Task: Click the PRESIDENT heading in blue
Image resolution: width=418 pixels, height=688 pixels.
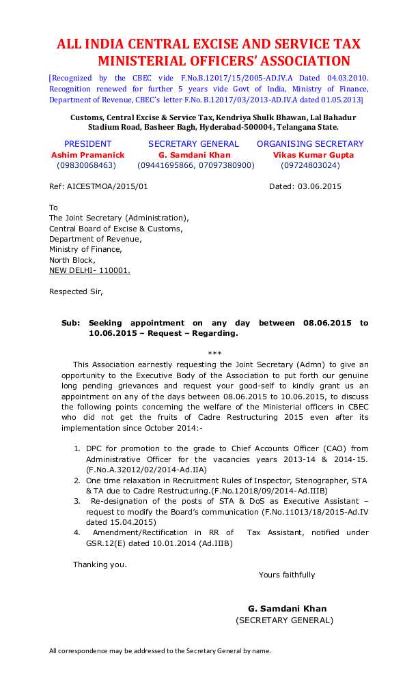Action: coord(87,144)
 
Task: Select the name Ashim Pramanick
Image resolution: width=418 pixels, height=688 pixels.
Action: coord(88,155)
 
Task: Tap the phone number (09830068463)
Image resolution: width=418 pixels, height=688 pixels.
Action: coord(87,166)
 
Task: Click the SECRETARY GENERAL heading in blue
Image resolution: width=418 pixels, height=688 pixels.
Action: coord(193,144)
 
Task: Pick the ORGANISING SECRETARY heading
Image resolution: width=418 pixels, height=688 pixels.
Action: coord(310,144)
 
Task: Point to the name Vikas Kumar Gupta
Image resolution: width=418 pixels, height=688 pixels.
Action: coord(313,155)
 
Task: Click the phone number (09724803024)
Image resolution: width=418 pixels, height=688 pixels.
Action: coord(310,166)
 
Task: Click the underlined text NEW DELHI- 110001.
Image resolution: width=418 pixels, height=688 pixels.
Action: coord(89,270)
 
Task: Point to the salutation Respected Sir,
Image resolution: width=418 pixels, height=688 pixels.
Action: coord(76,291)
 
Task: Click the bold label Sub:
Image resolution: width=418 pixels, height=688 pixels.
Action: coord(70,323)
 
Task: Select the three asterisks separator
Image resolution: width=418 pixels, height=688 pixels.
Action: coord(214,354)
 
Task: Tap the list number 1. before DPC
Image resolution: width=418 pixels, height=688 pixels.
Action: coord(76,448)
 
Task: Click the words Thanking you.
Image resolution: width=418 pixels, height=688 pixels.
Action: coord(100,564)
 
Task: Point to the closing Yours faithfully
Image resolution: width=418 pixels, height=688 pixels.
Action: coord(287,575)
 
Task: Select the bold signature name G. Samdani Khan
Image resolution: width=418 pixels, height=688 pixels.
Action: coord(287,609)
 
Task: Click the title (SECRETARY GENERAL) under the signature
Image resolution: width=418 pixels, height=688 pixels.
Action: coord(284,620)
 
